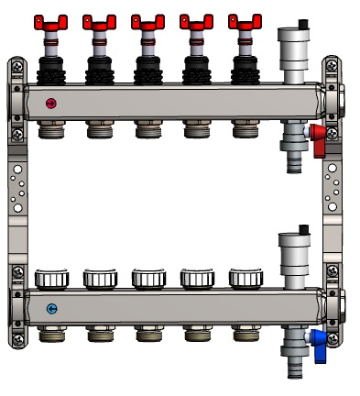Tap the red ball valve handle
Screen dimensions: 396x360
coord(319,139)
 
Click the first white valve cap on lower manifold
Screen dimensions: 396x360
coord(50,278)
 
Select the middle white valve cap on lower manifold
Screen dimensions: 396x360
coord(147,278)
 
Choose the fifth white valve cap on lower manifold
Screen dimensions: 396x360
coord(245,278)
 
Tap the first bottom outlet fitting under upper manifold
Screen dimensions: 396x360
coord(50,130)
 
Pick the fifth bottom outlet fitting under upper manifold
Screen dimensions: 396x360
coord(245,130)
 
